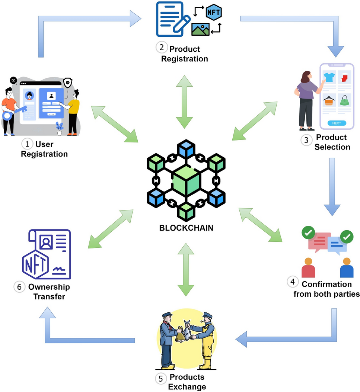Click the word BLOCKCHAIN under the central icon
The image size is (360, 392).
tap(186, 228)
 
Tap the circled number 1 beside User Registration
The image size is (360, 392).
tap(27, 143)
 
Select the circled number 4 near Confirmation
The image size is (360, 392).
tap(292, 282)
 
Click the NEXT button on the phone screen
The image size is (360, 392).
tap(336, 123)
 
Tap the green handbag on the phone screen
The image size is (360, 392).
tap(344, 100)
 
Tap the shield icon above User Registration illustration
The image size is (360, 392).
tap(67, 83)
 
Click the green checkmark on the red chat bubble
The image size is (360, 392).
tap(308, 233)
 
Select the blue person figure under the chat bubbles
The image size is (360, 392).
tap(347, 268)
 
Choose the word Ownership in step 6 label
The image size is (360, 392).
tap(49, 287)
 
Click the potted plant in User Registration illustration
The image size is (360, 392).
tap(59, 128)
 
